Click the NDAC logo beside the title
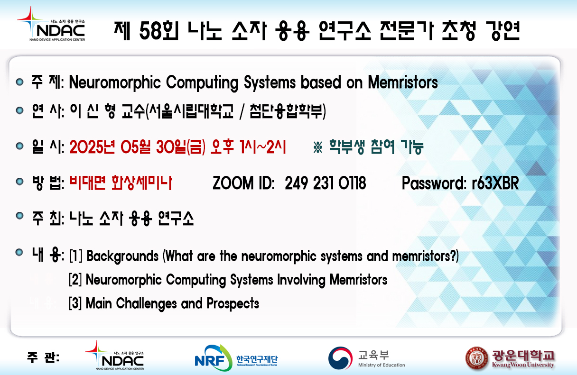[x=51, y=24]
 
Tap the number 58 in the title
[x=151, y=31]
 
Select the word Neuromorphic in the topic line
[x=115, y=82]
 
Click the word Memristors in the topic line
[x=402, y=82]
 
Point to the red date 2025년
[x=92, y=147]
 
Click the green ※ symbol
[x=318, y=147]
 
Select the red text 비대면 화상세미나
[x=121, y=183]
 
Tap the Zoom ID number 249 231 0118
[x=326, y=183]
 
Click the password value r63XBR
[x=495, y=183]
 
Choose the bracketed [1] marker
[x=76, y=256]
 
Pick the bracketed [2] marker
[x=75, y=280]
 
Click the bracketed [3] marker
[x=75, y=303]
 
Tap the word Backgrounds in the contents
[x=122, y=256]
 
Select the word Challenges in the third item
[x=146, y=303]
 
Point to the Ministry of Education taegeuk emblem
[x=341, y=358]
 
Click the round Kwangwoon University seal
[x=477, y=358]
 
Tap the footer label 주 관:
[x=43, y=357]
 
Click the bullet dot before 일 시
[x=19, y=146]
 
